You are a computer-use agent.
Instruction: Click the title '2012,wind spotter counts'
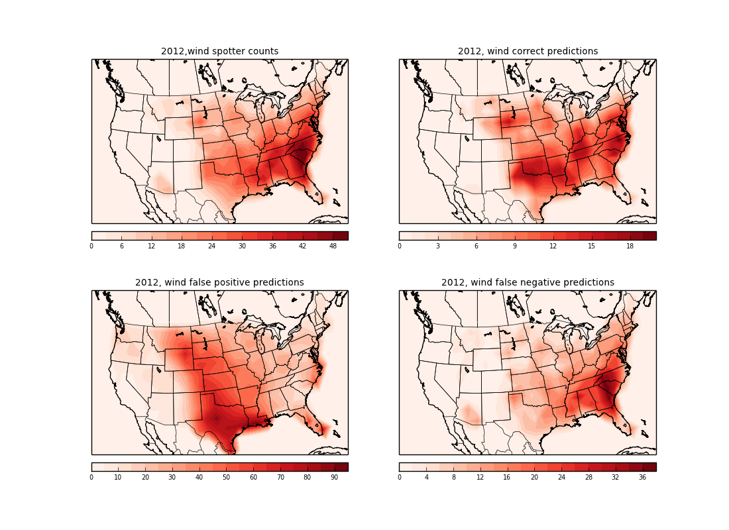point(219,52)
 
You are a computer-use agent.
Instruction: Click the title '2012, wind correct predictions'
point(528,52)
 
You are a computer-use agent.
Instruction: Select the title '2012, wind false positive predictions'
point(219,283)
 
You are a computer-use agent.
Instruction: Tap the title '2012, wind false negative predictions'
point(528,283)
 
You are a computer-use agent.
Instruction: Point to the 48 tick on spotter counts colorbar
point(333,246)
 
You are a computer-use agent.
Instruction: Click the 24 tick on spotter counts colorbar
point(212,246)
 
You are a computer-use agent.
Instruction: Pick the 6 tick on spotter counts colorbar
point(121,246)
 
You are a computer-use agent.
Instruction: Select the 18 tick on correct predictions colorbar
point(630,246)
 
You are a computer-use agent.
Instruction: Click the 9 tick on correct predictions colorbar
point(514,246)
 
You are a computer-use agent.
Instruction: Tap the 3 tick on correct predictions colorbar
point(437,246)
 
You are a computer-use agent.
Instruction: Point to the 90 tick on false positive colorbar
point(334,477)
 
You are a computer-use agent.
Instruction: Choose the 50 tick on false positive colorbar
point(226,477)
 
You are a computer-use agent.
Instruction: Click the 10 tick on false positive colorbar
point(118,477)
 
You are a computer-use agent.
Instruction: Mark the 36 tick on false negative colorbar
point(642,477)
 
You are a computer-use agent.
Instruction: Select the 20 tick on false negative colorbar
point(534,477)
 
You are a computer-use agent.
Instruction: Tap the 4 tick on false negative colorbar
point(426,477)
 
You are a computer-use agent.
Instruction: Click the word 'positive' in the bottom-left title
point(230,283)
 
